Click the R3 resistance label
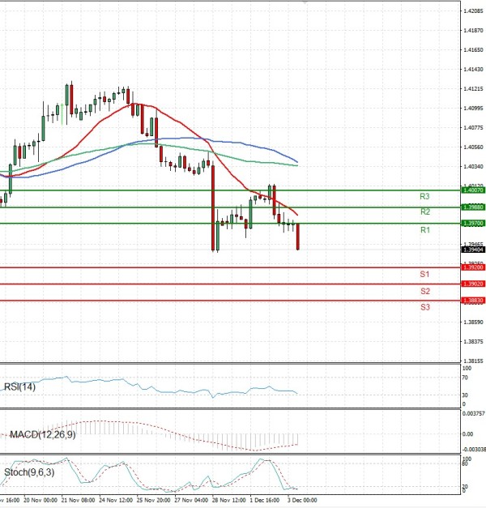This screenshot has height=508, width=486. [424, 196]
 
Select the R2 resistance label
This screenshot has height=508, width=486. [424, 211]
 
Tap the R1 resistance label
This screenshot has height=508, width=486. [424, 231]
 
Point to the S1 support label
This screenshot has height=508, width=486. [424, 275]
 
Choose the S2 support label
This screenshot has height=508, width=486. [424, 291]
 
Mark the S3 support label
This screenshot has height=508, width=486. [424, 307]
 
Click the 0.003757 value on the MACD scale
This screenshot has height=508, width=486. [473, 413]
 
